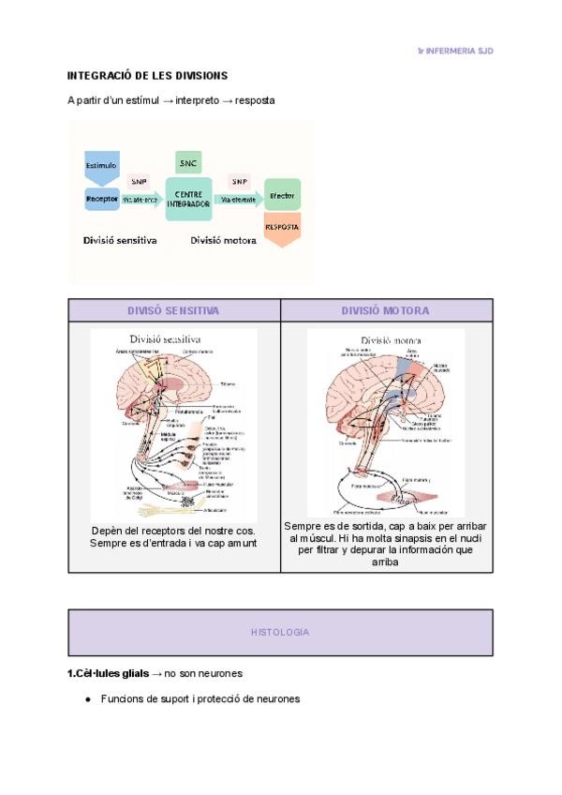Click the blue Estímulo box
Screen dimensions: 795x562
(102, 165)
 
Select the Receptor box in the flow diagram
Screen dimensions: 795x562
(101, 198)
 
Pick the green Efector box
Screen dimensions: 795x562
(282, 196)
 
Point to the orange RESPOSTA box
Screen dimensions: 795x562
(282, 228)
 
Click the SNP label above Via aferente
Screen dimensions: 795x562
(139, 182)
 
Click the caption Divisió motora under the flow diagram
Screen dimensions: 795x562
(223, 240)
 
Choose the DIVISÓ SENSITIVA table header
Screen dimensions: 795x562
(174, 310)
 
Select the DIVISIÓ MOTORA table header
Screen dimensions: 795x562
(386, 310)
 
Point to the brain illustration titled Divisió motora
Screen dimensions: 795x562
(386, 423)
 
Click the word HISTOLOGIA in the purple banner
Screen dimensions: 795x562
(280, 633)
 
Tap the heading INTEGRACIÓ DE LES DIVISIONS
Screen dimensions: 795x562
(148, 75)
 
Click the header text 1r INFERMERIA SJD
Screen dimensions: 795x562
(455, 51)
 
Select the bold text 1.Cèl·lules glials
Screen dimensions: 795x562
(108, 674)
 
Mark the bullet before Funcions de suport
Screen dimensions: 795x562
(87, 699)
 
